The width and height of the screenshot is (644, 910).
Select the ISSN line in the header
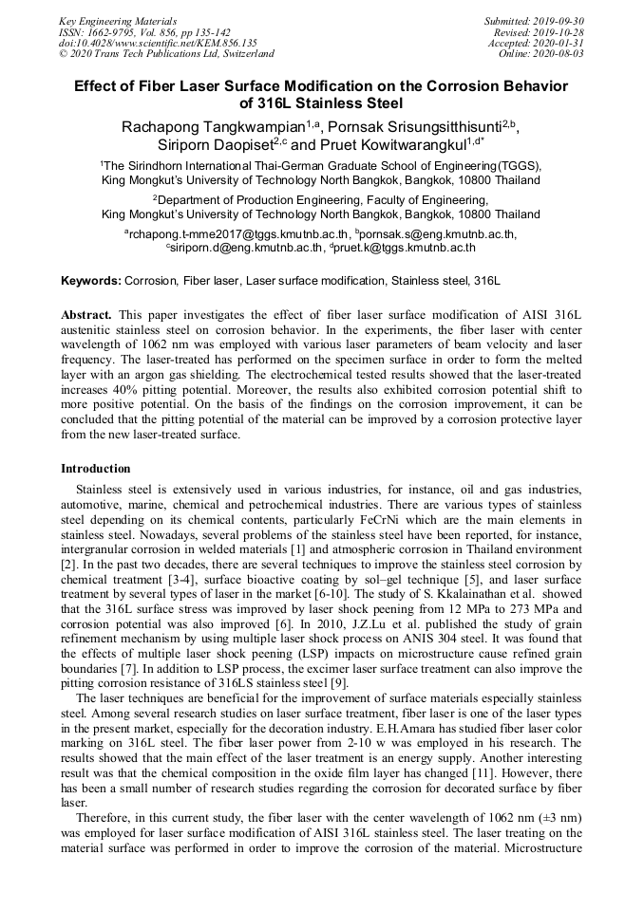tap(130, 31)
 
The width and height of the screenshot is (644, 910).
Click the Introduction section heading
tap(96, 469)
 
